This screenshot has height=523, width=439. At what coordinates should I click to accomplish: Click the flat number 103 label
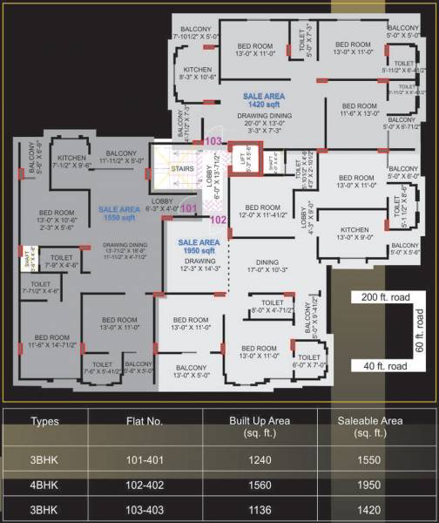point(213,141)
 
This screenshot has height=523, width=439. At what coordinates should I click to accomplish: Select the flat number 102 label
point(219,221)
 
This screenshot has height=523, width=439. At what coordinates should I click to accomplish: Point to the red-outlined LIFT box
point(247,161)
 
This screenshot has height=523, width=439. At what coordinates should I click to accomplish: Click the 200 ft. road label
point(380,297)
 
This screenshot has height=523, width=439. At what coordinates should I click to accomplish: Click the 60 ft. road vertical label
point(420,331)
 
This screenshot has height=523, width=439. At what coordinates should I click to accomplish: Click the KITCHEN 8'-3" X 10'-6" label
point(198,72)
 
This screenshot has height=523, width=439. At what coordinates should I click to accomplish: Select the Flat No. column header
point(144,421)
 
